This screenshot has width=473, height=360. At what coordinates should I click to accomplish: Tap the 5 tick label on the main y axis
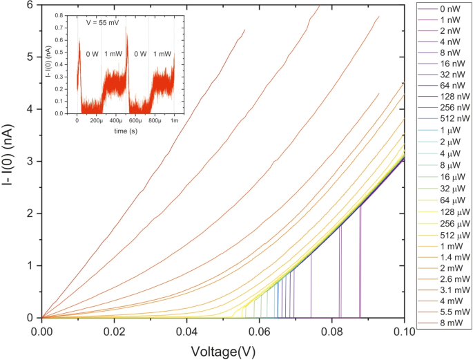30,57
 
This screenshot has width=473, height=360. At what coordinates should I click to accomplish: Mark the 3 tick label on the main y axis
30,161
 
